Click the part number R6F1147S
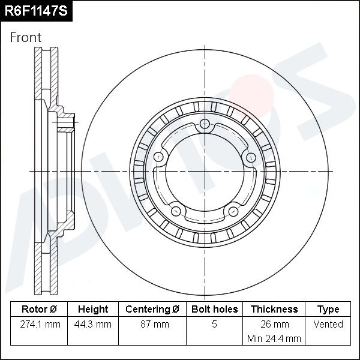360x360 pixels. tap(35, 10)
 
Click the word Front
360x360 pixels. tap(26, 37)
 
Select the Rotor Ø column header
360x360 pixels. tap(39, 310)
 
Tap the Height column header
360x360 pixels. tap(93, 310)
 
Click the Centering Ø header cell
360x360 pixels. tap(152, 310)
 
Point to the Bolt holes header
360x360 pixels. tap(214, 310)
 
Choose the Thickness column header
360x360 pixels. tap(274, 310)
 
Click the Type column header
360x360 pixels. tap(328, 310)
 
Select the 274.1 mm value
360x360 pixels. tap(39, 325)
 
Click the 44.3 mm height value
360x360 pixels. tap(93, 325)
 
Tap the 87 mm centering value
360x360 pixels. tap(152, 325)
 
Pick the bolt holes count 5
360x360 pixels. tap(214, 325)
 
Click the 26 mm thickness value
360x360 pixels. tap(274, 325)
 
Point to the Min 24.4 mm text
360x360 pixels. tap(274, 339)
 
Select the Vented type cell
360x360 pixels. tap(328, 325)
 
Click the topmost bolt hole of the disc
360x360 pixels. tap(205, 124)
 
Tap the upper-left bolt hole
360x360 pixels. tap(159, 157)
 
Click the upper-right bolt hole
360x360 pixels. tap(251, 157)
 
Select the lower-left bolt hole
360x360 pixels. tap(176, 211)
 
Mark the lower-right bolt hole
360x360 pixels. tap(233, 211)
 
